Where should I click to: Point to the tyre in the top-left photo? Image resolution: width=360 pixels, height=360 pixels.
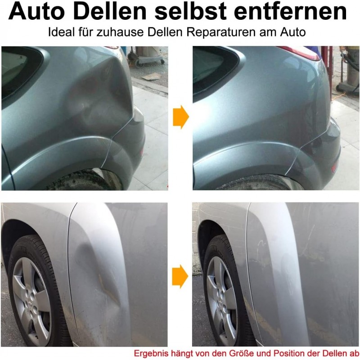pyautogui.click(x=81, y=180)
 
